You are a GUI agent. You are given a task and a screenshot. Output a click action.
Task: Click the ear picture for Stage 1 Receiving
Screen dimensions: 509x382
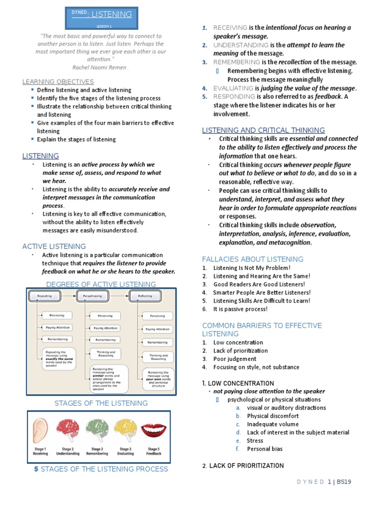41,428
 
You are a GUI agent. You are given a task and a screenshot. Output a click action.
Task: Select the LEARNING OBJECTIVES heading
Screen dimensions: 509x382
58,82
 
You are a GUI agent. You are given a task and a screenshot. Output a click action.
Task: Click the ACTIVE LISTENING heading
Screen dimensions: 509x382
54,246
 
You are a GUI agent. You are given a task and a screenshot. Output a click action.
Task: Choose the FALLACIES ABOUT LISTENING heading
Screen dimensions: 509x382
252,259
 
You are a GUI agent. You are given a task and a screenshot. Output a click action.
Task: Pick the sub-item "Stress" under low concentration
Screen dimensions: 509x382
255,440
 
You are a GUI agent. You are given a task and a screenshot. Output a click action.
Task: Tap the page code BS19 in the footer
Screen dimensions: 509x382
344,482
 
